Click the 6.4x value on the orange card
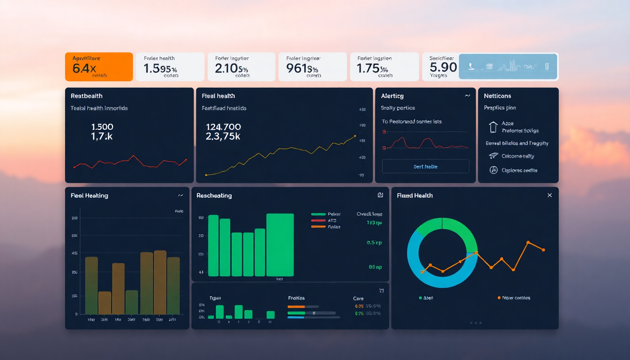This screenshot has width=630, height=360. [x=84, y=68]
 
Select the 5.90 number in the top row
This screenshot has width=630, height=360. [x=443, y=67]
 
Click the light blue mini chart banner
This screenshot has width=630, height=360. [x=508, y=66]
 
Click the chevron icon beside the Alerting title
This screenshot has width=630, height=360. [x=467, y=96]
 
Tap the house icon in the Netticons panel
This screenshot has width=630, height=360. [x=493, y=127]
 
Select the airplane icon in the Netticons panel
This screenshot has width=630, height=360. [x=493, y=156]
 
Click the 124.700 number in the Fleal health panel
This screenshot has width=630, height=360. [x=223, y=127]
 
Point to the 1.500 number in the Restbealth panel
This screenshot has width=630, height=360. [x=102, y=127]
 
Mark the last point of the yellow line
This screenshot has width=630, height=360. [x=355, y=136]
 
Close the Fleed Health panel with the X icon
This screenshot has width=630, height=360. [x=549, y=195]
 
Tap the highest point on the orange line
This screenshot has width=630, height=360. [x=528, y=242]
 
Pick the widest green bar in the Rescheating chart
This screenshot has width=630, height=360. [x=280, y=245]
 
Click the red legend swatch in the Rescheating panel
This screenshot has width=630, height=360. [x=318, y=220]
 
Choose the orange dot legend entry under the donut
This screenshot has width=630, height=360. [x=499, y=298]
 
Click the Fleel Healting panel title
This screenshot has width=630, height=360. [x=90, y=195]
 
